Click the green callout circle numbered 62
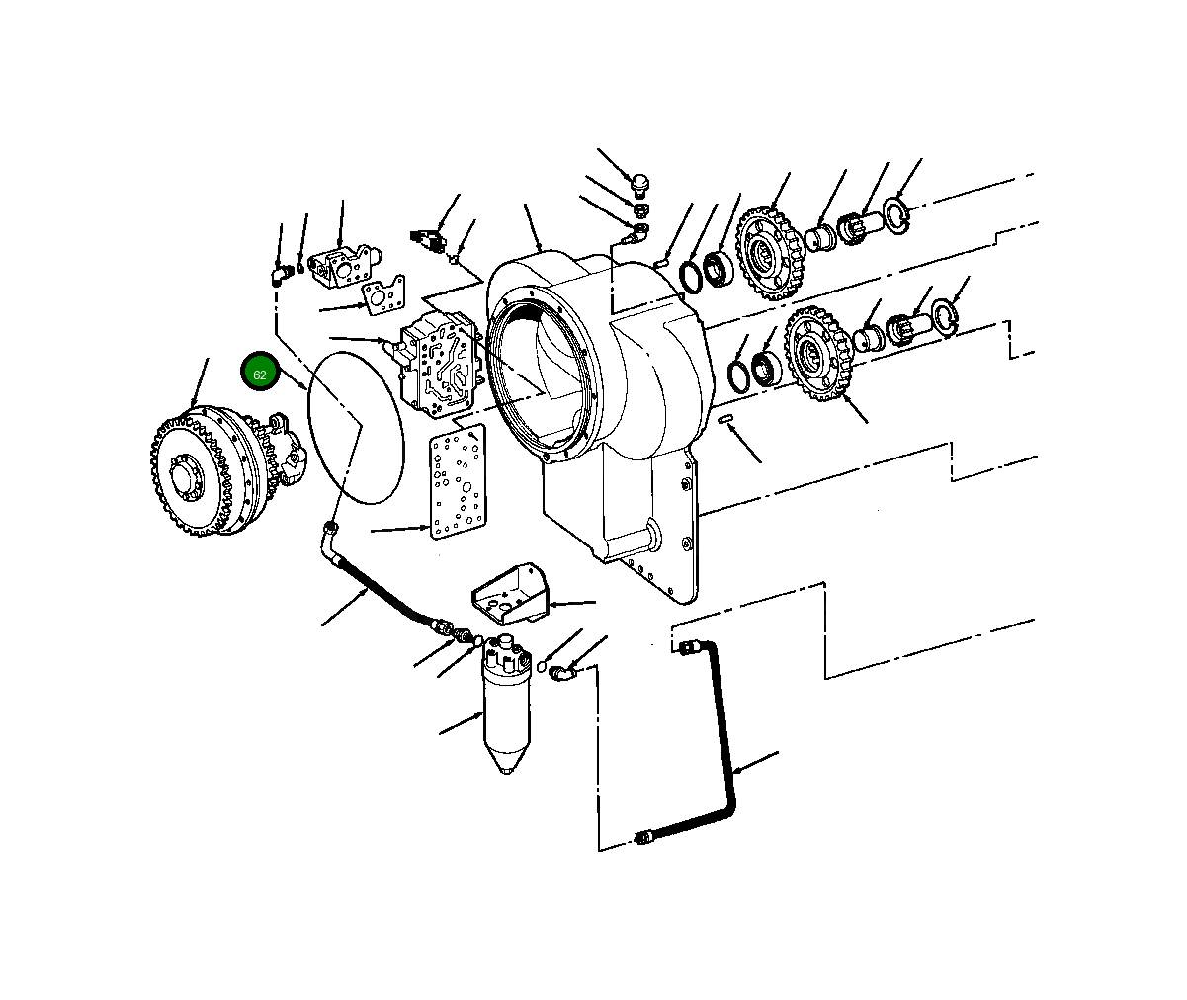260,372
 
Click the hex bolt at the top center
640,183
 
